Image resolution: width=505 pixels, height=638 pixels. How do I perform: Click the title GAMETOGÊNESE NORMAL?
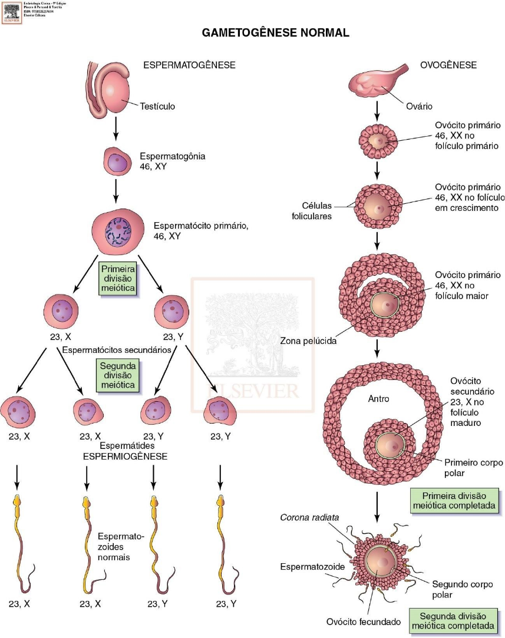[x=276, y=33]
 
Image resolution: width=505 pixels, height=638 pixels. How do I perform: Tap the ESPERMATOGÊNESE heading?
[x=189, y=65]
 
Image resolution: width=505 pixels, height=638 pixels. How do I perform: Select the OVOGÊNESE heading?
[x=448, y=65]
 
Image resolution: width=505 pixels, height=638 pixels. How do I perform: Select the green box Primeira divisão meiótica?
[x=118, y=278]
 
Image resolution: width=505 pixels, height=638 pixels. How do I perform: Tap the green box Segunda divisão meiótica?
[x=118, y=373]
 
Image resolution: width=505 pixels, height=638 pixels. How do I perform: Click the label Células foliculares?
[x=316, y=211]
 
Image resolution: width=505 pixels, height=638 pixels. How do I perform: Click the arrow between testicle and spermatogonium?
[x=116, y=130]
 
